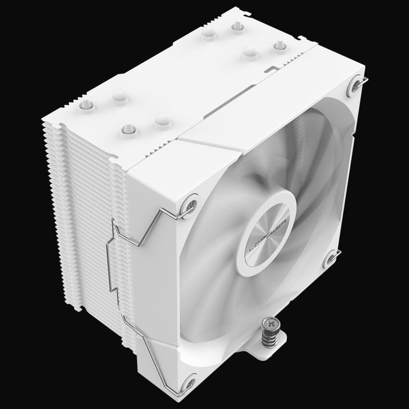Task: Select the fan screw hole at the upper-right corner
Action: point(355,83)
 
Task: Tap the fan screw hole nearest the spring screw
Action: point(331,258)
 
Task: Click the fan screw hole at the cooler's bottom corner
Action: point(189,383)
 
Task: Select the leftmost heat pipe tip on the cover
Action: point(86,104)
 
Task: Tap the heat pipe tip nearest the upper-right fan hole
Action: point(280,46)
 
